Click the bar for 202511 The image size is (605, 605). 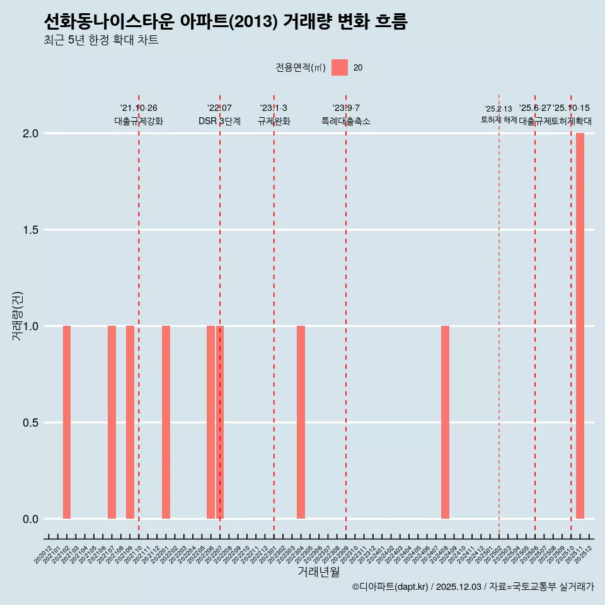pos(580,326)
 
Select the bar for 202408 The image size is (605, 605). pos(445,422)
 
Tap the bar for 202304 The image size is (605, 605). pos(301,422)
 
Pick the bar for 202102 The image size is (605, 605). pos(67,422)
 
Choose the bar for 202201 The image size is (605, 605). pos(166,422)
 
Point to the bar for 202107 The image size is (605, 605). pos(112,422)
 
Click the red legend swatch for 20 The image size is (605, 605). pos(340,67)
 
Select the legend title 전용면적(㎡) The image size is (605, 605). pos(300,67)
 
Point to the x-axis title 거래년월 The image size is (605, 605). pos(318,572)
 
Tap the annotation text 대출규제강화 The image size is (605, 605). pos(139,121)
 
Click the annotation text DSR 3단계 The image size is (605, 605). pos(219,121)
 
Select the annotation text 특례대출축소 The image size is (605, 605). pos(346,121)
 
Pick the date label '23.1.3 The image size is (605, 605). pos(274,108)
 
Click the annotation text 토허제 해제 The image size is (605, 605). pos(498,119)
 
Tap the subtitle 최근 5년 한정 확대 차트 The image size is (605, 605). pos(101,40)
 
